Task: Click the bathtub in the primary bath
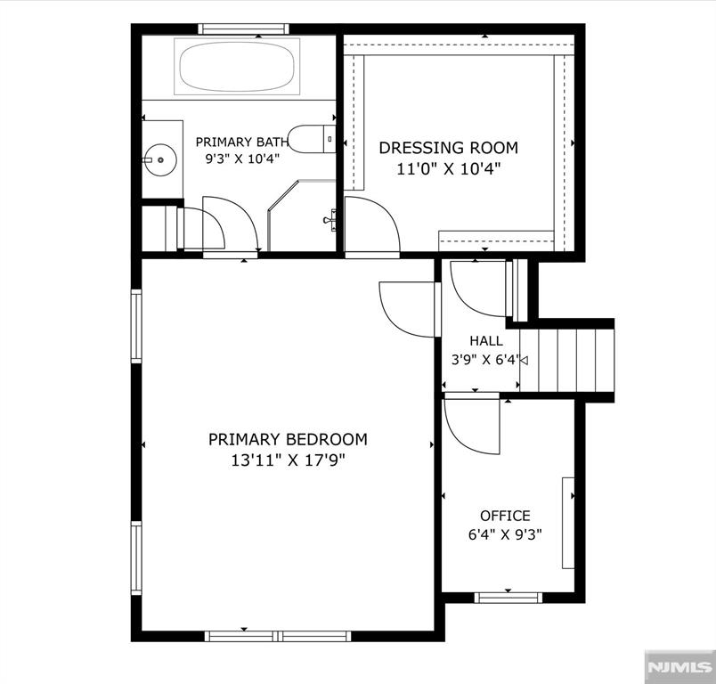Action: [237, 67]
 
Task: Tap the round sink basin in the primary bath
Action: [159, 159]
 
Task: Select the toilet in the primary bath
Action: [312, 139]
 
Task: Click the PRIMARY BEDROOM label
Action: [288, 439]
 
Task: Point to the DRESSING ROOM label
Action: [449, 148]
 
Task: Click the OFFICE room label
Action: [505, 516]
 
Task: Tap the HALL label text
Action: [486, 340]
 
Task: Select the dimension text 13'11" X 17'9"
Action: [288, 460]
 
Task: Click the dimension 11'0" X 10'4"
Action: [449, 169]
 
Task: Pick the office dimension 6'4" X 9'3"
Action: [505, 534]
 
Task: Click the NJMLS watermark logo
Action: [679, 667]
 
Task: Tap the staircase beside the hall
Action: [566, 360]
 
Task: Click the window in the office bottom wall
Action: [509, 598]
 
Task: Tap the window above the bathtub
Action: [243, 28]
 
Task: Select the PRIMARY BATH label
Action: [242, 142]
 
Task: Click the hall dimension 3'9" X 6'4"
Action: [486, 360]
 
